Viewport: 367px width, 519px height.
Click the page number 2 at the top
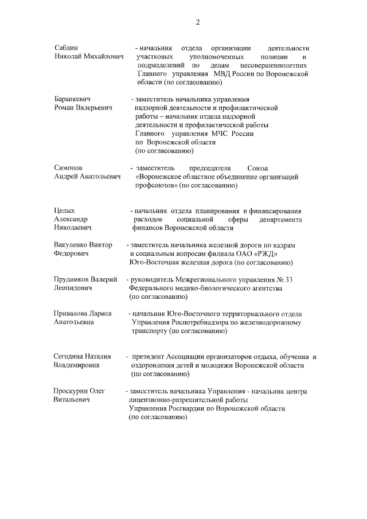(197, 22)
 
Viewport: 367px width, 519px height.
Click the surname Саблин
(67, 48)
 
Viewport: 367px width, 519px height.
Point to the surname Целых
(65, 210)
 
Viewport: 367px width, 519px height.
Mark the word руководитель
(156, 279)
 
